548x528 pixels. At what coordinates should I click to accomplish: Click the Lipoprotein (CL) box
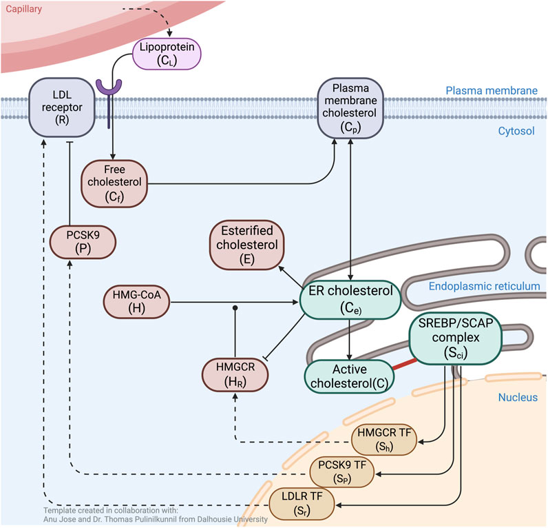tap(166, 53)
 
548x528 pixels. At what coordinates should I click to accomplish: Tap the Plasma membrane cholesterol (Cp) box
tap(351, 105)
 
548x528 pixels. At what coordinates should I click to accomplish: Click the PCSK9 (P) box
tap(83, 242)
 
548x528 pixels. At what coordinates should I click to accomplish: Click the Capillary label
tap(23, 10)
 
